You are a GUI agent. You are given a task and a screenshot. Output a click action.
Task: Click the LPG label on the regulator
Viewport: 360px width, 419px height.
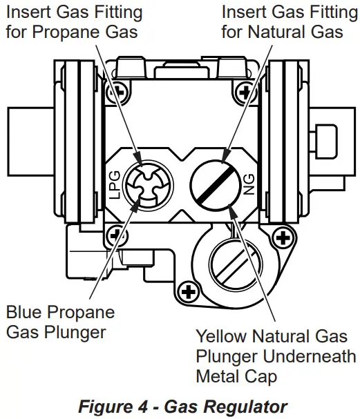pyautogui.click(x=115, y=185)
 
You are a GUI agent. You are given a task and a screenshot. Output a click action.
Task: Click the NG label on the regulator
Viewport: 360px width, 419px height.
pyautogui.click(x=249, y=184)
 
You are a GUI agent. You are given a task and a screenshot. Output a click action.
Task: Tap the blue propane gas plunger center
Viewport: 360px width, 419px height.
pyautogui.click(x=148, y=185)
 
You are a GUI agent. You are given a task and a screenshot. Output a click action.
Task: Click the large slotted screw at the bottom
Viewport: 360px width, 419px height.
pyautogui.click(x=236, y=264)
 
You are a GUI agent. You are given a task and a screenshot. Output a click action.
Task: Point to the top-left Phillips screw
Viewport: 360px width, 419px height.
pyautogui.click(x=117, y=92)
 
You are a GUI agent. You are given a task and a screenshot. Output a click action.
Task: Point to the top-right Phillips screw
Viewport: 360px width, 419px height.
pyautogui.click(x=245, y=92)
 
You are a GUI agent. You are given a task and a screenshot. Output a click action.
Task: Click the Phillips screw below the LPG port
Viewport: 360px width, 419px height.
pyautogui.click(x=116, y=235)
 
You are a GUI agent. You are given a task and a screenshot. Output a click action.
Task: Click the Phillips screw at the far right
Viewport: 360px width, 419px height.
pyautogui.click(x=283, y=237)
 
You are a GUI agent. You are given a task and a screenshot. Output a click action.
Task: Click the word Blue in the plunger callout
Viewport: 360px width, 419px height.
pyautogui.click(x=23, y=312)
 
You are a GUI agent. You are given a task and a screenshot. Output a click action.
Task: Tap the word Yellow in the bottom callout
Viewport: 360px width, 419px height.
pyautogui.click(x=221, y=336)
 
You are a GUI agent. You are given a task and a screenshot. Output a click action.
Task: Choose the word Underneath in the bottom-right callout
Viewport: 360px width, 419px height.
pyautogui.click(x=310, y=356)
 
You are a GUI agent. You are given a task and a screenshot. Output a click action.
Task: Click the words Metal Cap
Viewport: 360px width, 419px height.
pyautogui.click(x=236, y=376)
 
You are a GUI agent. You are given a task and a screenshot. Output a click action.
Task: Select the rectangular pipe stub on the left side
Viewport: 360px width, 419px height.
pyautogui.click(x=31, y=142)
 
